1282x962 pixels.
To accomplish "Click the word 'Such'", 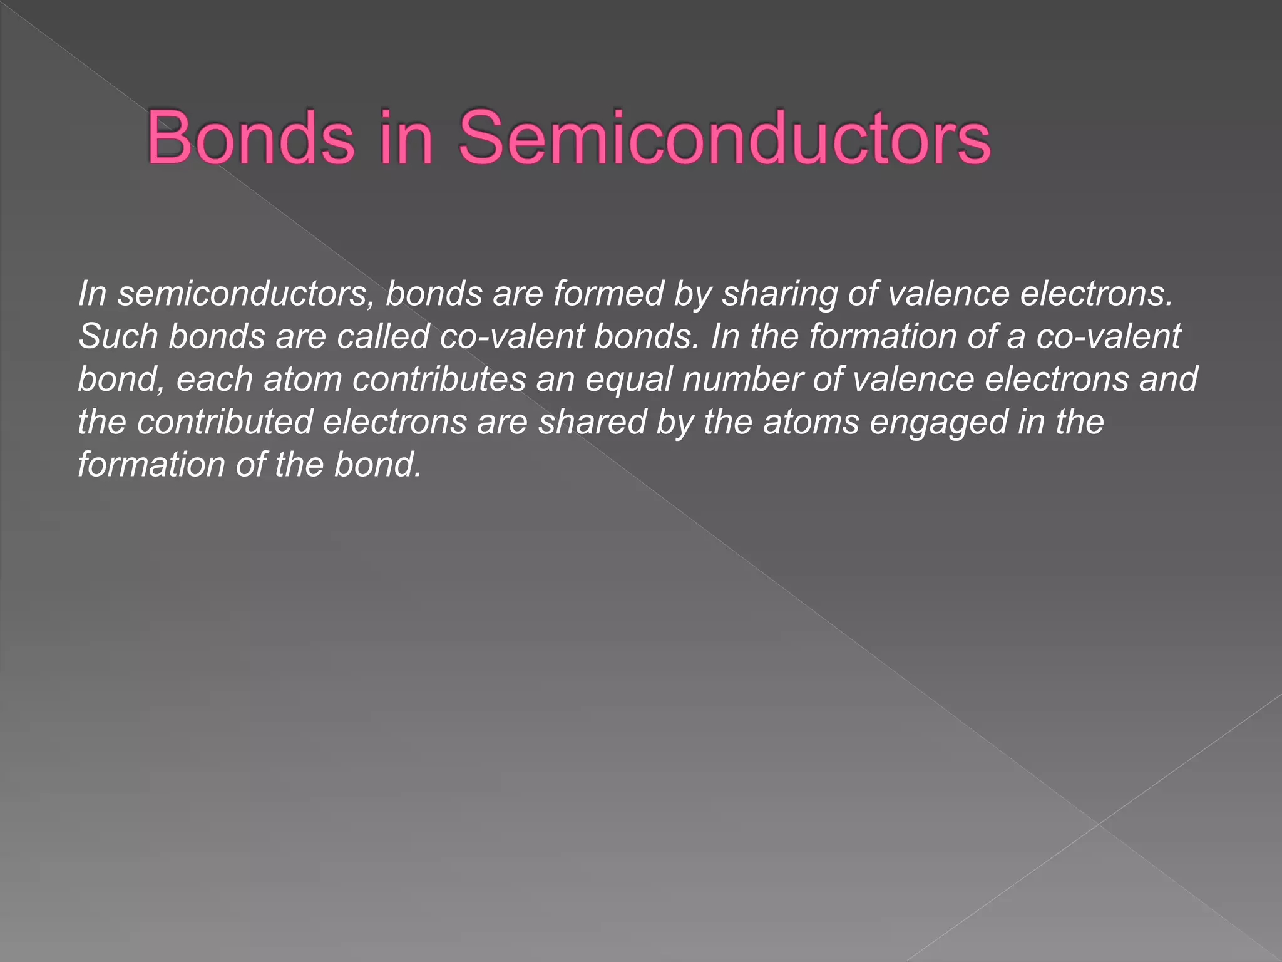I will coord(118,336).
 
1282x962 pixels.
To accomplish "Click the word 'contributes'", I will coord(439,379).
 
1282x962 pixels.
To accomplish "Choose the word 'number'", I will coord(742,379).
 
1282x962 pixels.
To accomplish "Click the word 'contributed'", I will coord(225,422).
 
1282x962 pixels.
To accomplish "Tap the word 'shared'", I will coord(592,422).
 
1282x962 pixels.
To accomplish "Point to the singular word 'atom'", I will coord(303,379).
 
